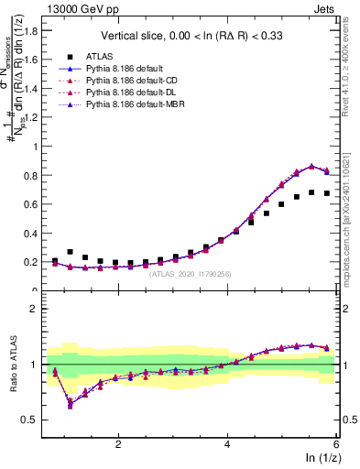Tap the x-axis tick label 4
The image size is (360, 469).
pyautogui.click(x=227, y=443)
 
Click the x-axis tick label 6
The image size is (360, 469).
pyautogui.click(x=336, y=443)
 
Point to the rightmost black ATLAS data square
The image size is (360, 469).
pyautogui.click(x=327, y=193)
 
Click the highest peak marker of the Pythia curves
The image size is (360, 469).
pyautogui.click(x=311, y=167)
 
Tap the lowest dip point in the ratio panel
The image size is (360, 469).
pyautogui.click(x=71, y=400)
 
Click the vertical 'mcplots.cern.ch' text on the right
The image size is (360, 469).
pyautogui.click(x=349, y=229)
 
